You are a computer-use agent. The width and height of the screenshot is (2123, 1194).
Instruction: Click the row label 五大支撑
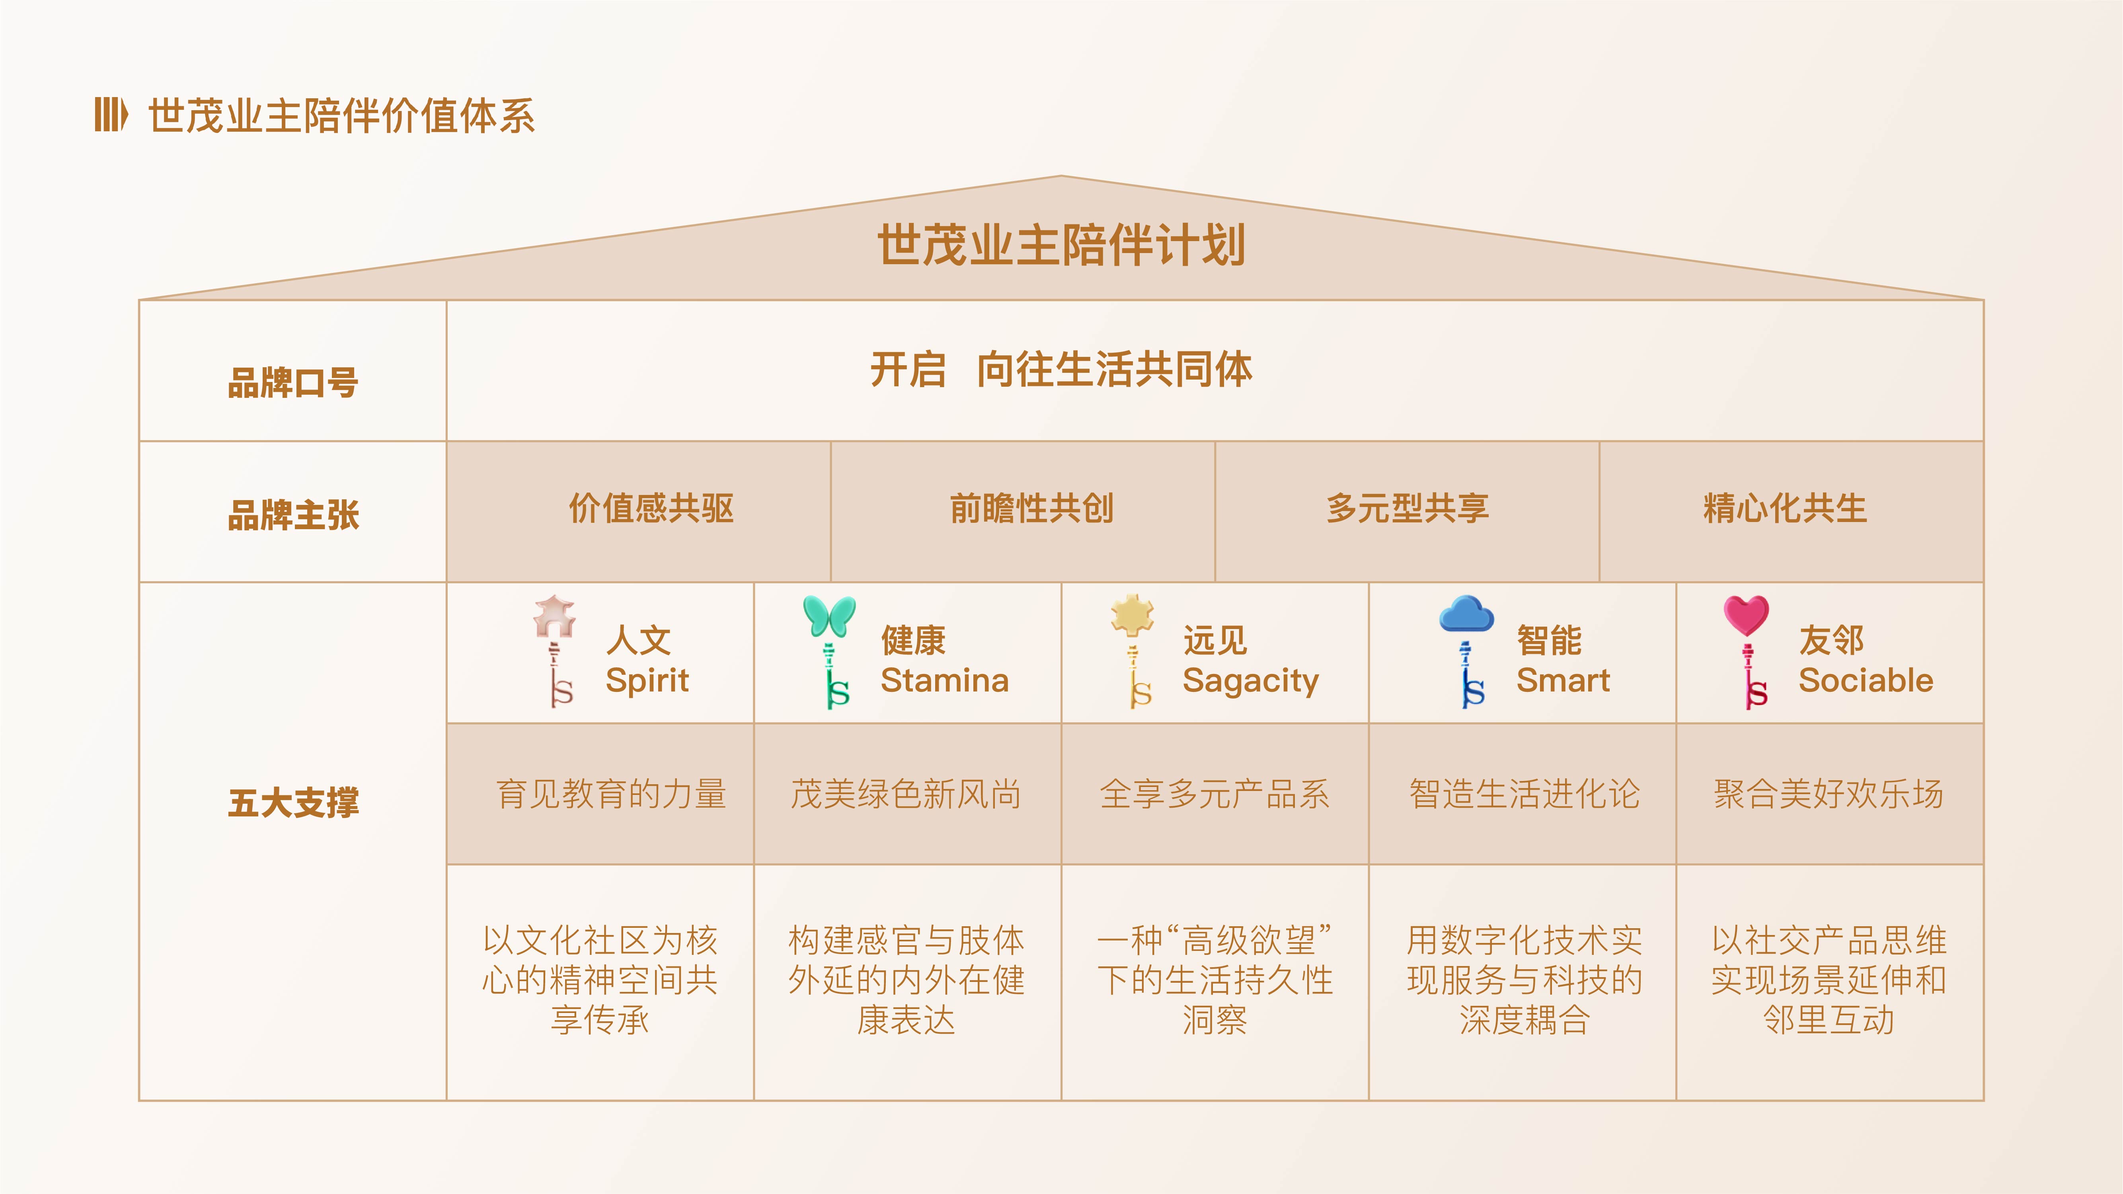pyautogui.click(x=293, y=802)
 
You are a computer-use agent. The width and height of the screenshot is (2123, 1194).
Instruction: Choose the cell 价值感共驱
pyautogui.click(x=651, y=508)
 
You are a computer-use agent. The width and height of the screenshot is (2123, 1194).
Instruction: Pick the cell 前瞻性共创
pyautogui.click(x=1032, y=508)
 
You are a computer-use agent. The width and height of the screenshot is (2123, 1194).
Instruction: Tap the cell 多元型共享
pyautogui.click(x=1408, y=508)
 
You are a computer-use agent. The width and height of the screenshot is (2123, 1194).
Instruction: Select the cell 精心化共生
pyautogui.click(x=1785, y=508)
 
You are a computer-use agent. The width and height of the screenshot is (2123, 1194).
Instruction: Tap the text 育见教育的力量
pyautogui.click(x=612, y=793)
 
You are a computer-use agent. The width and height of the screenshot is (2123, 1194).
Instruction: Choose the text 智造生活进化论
pyautogui.click(x=1525, y=793)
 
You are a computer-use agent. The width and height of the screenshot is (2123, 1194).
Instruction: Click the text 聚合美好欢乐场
pyautogui.click(x=1829, y=793)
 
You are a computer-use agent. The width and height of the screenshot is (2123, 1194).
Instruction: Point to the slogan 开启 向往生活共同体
pyautogui.click(x=1062, y=369)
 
